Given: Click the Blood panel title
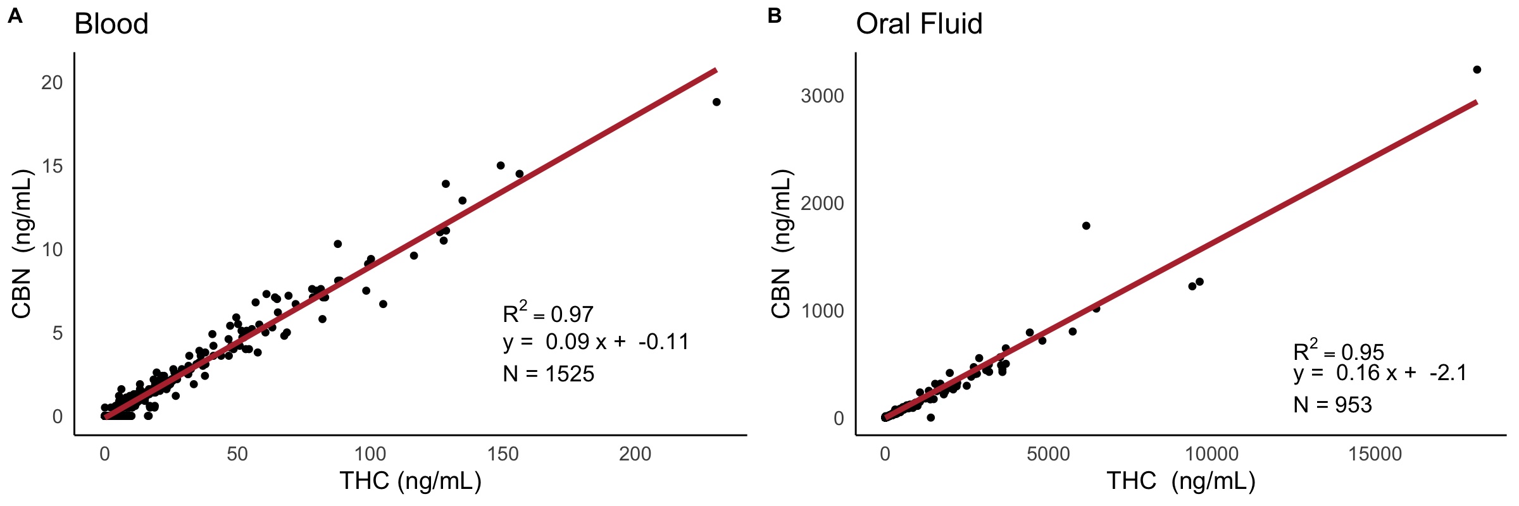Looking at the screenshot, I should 111,24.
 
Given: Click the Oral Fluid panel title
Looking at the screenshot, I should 919,24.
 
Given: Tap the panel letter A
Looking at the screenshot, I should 15,16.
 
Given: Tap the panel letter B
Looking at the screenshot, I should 775,16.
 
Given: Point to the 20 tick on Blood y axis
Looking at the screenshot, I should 52,82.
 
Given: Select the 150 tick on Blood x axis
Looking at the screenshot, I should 503,454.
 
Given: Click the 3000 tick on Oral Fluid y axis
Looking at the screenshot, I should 822,96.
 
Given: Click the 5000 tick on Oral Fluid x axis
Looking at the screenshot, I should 1048,454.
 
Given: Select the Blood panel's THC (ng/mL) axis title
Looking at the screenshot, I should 411,481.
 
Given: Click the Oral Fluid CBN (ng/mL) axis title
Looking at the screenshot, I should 782,244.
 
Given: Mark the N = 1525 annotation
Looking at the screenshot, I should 548,374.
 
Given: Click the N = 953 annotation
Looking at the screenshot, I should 1332,405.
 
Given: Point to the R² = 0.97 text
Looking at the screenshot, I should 547,313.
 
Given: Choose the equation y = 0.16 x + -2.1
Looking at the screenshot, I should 1380,373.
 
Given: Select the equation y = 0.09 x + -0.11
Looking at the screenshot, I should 596,342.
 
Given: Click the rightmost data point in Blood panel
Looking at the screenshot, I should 716,102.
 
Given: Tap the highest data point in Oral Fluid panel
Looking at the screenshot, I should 1477,70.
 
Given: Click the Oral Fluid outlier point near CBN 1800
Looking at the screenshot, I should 1086,226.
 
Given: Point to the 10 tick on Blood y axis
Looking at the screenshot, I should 52,249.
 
